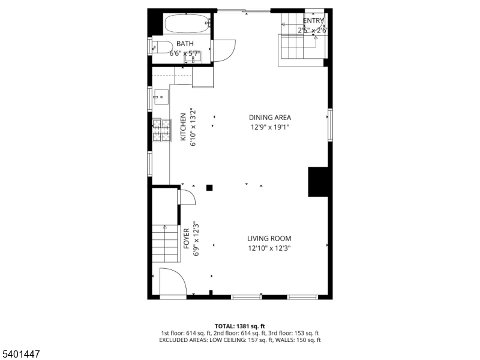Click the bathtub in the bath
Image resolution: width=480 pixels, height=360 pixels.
[187, 24]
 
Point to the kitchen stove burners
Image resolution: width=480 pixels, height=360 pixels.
[161, 130]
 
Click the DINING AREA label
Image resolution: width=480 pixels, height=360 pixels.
[270, 118]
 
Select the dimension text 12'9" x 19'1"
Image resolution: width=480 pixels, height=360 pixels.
[270, 127]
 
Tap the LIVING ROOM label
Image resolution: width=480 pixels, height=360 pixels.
[269, 238]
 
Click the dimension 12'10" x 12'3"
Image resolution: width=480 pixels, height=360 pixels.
[269, 248]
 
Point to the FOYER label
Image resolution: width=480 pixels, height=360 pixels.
[187, 238]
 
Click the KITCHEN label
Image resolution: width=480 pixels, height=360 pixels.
[184, 127]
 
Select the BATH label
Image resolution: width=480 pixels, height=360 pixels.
[185, 44]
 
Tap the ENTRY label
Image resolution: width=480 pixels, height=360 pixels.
[313, 21]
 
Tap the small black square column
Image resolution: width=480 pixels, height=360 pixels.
[209, 188]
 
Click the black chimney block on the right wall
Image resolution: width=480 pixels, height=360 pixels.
[318, 182]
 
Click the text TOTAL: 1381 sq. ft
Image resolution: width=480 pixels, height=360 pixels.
[239, 326]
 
